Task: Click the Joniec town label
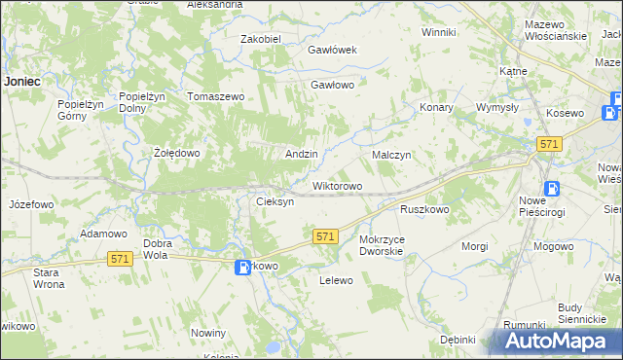(21, 82)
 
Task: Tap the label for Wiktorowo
(337, 186)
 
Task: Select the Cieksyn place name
(275, 201)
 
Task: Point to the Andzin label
(301, 155)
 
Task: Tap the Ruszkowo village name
(424, 209)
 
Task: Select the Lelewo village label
(336, 280)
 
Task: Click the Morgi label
(475, 246)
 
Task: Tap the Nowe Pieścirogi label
(550, 205)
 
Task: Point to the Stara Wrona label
(47, 278)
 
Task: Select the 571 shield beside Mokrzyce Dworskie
(326, 236)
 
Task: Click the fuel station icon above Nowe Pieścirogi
(552, 188)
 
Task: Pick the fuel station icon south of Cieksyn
(243, 267)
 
